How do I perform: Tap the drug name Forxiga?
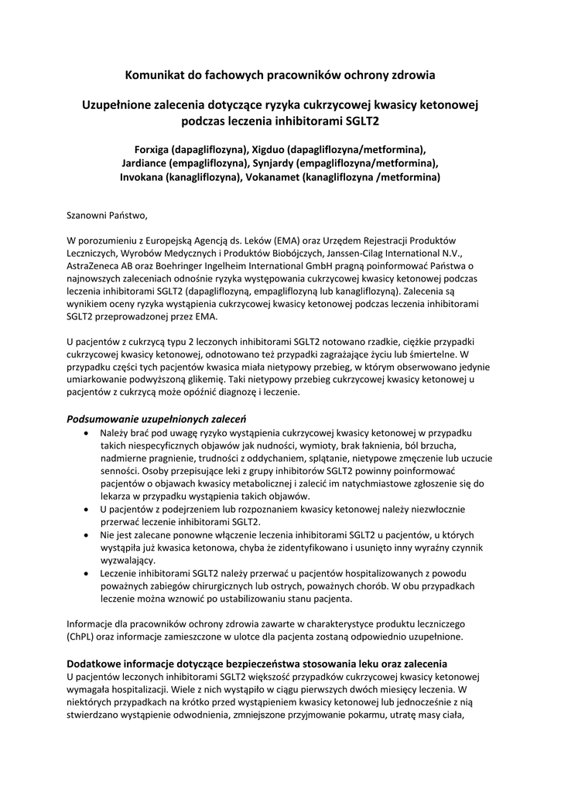[152, 148]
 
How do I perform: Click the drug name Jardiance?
[145, 162]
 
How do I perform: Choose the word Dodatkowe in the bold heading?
[95, 664]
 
